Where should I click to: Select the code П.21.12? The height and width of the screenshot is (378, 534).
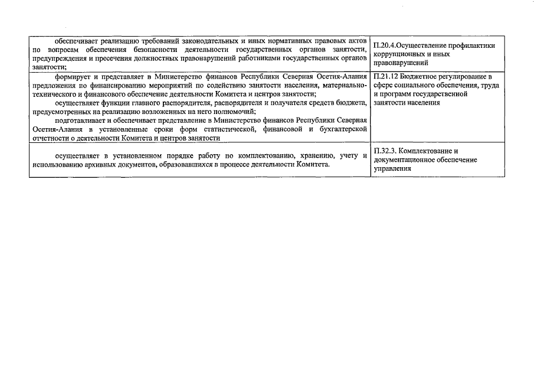388,77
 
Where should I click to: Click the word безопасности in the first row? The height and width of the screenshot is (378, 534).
140,50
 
